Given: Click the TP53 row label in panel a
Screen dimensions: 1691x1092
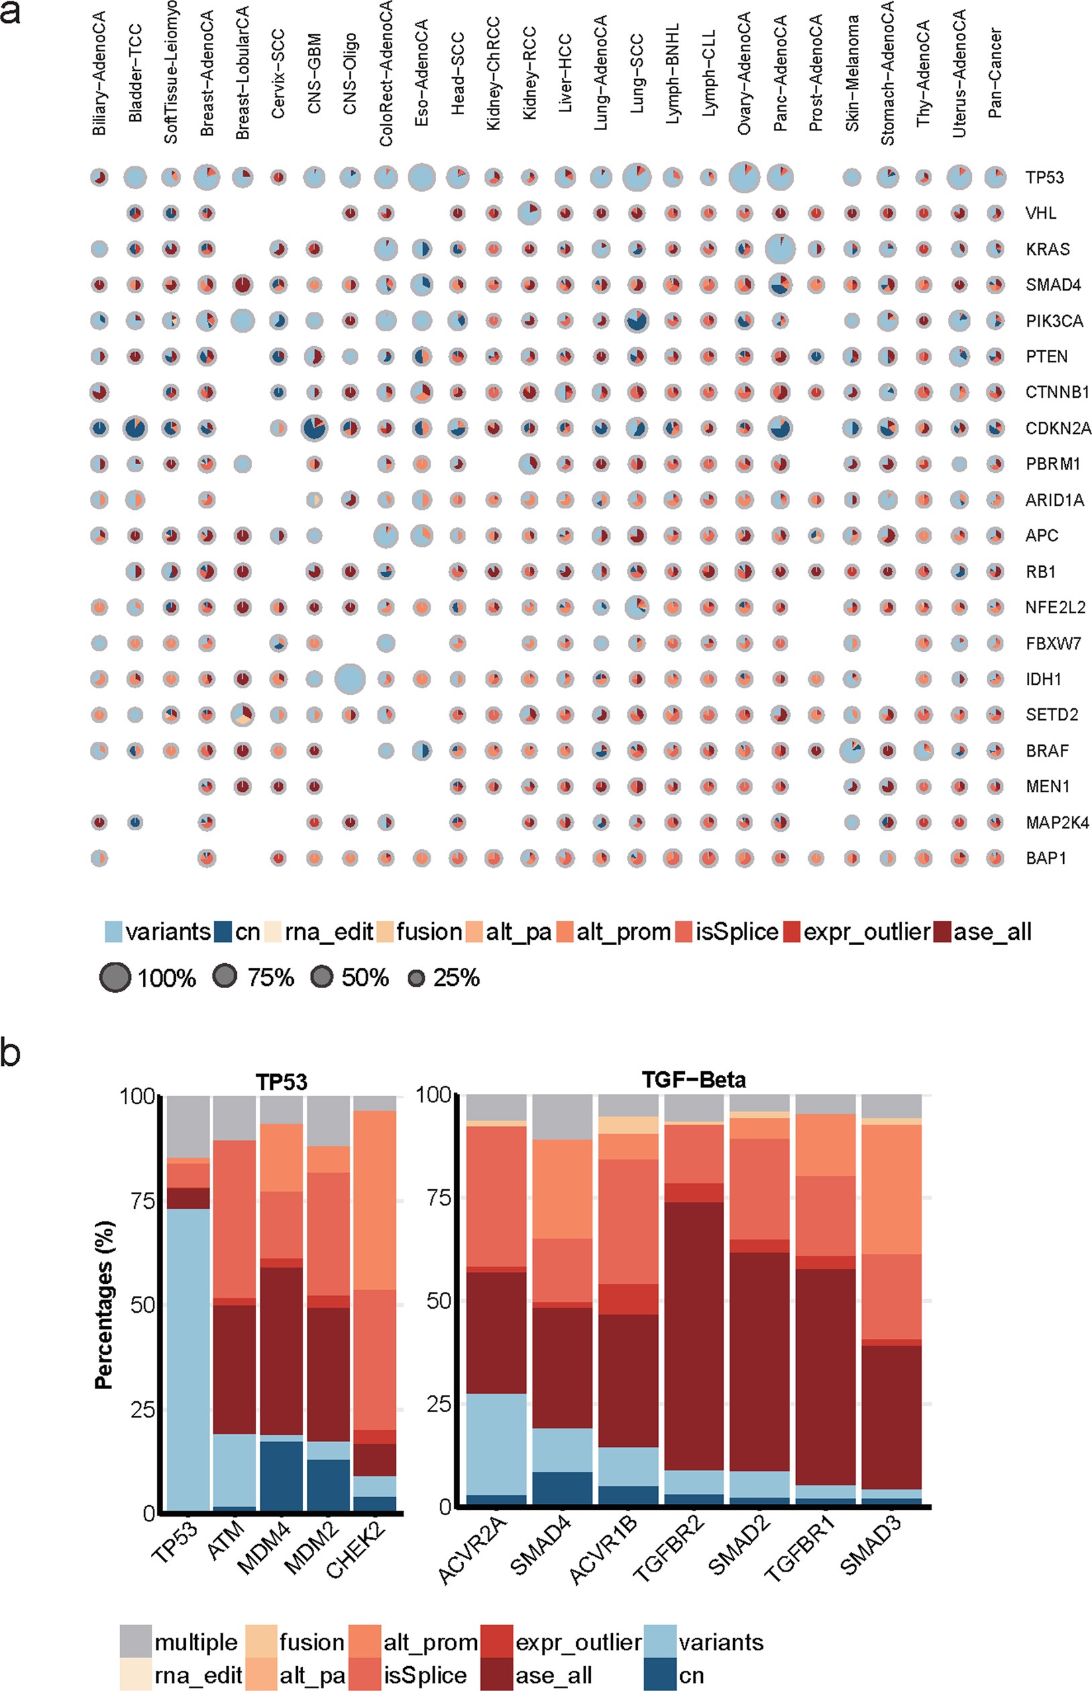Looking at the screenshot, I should coord(1044,177).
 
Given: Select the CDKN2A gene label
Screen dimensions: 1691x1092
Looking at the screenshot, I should coord(1058,428).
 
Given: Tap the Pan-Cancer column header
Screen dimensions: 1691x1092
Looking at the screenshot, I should coord(995,72).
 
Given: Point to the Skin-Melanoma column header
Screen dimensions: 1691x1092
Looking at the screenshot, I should coord(852,74).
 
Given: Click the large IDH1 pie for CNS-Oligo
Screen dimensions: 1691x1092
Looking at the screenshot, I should coord(349,679).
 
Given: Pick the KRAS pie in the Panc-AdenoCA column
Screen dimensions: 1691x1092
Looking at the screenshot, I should coord(780,249).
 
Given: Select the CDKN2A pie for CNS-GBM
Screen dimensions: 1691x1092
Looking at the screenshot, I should coord(314,428).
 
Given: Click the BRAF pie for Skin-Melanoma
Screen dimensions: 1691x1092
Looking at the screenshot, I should coord(852,750).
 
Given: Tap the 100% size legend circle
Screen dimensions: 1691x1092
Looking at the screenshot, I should coord(115,979).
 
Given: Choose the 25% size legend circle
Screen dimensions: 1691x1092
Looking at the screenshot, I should coord(417,979).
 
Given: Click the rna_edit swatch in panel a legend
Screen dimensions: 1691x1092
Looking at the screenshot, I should coord(273,932).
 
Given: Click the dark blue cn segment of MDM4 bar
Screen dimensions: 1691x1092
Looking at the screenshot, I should coord(282,1476).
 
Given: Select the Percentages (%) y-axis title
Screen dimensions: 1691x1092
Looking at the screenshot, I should coord(104,1305).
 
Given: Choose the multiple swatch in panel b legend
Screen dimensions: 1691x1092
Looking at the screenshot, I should coord(135,1642).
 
